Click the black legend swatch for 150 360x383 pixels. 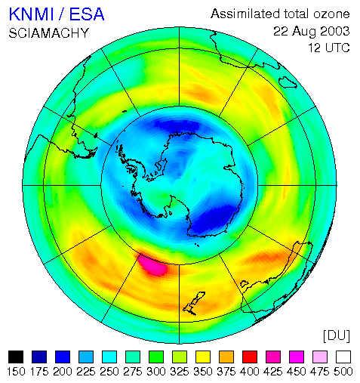coord(16,357)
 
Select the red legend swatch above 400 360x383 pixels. coord(250,357)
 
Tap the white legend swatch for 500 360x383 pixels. coord(343,357)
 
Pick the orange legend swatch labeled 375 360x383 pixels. coord(226,357)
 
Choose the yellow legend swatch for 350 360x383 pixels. coord(203,357)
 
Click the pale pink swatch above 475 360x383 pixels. coord(320,357)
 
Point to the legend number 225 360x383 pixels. coord(86,372)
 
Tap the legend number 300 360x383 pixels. coord(156,372)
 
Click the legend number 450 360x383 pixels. coord(297,372)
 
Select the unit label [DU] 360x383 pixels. coord(337,336)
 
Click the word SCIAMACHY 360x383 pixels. coord(49,33)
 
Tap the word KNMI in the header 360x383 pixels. coord(32,14)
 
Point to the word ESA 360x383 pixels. coord(87,14)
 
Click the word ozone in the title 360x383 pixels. coord(331,14)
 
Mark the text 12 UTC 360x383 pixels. coord(329,48)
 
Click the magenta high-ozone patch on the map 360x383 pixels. coord(154,265)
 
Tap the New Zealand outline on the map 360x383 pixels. coord(194,304)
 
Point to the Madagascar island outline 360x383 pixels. coord(288,82)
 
